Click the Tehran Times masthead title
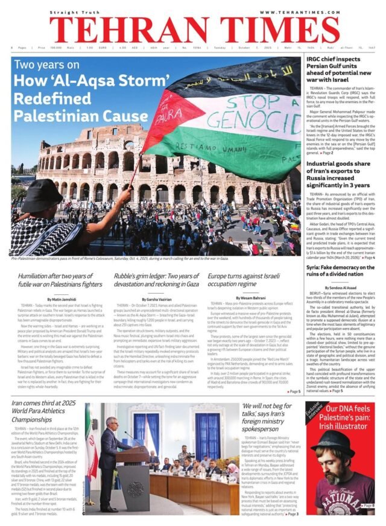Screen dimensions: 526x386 coord(193,28)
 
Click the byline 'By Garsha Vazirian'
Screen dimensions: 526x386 coord(156,299)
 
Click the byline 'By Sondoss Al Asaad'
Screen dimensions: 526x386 coord(340,287)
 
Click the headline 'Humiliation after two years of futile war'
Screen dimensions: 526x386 coord(61,279)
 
